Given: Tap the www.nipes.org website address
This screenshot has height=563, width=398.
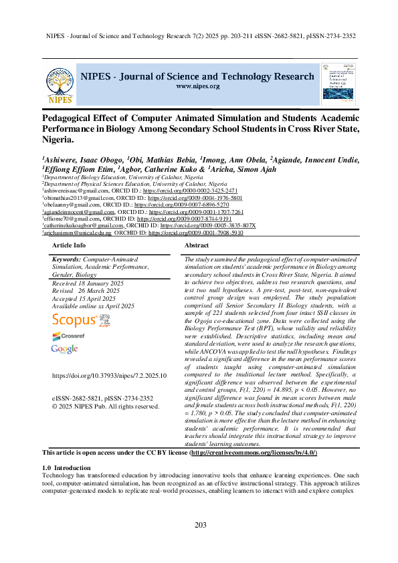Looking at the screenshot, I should pos(197,86).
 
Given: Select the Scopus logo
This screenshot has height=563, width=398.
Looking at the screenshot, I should pos(74,320).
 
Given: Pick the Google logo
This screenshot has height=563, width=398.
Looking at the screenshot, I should pos(64,349).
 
